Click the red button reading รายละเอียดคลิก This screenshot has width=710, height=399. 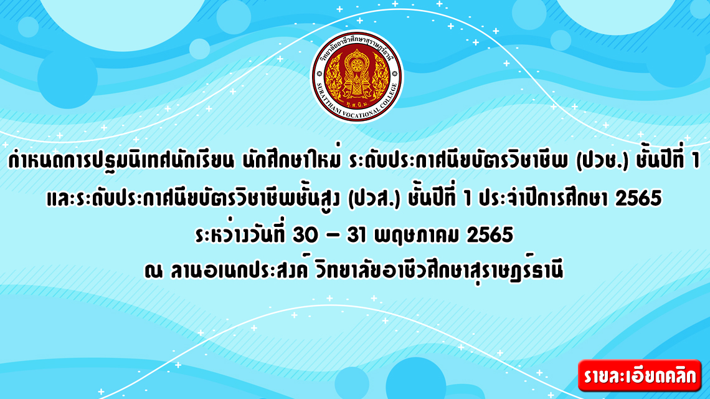point(640,375)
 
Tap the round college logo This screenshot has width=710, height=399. point(356,76)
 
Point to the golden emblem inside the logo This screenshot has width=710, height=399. point(356,75)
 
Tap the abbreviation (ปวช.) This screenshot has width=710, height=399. point(602,160)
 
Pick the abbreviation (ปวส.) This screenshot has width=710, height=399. point(374,198)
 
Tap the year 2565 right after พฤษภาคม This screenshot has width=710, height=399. point(490,235)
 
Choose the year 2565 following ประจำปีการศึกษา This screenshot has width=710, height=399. point(638,198)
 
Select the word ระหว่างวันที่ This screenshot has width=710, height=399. point(240,234)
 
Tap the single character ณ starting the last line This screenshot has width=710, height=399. point(153,272)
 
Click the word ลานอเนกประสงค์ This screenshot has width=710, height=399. point(240,270)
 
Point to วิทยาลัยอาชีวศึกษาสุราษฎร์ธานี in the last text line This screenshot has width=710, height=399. point(440,271)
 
